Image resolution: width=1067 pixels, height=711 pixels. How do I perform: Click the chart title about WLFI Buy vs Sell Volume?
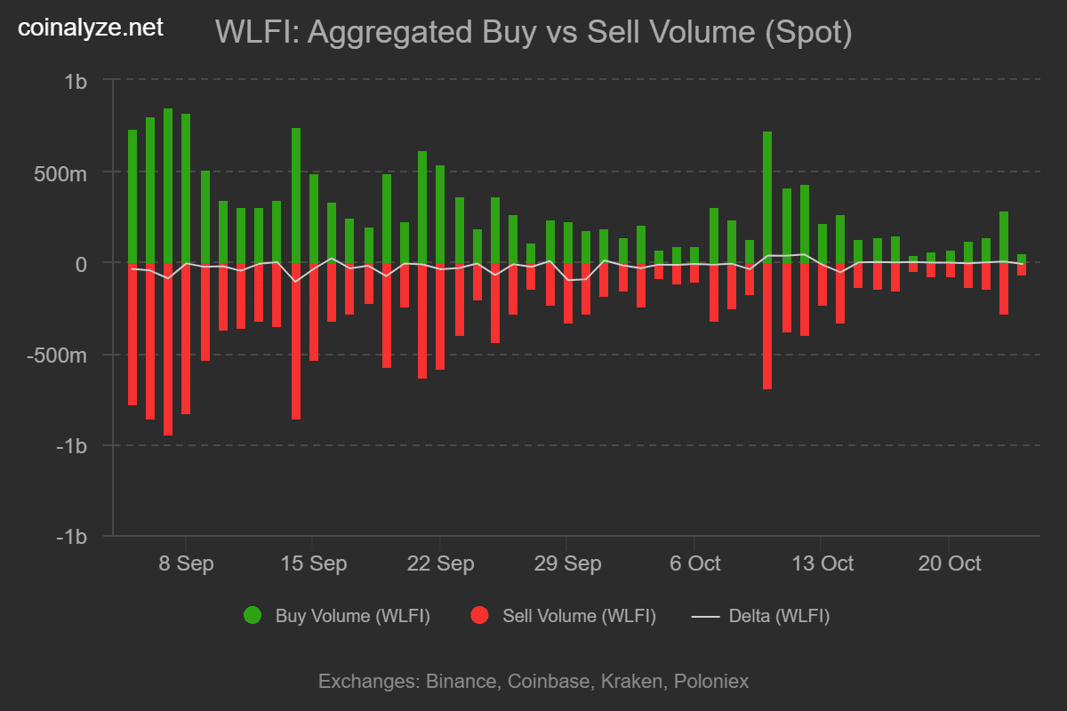coord(533,33)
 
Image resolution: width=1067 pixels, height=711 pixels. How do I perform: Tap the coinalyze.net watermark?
coord(91,28)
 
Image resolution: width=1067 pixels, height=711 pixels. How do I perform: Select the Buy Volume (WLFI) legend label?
coord(352,616)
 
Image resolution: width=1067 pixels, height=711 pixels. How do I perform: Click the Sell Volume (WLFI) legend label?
coord(579,616)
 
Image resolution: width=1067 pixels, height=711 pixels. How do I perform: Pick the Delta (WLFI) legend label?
coord(779,616)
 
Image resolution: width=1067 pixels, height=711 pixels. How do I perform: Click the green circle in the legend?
coord(253,615)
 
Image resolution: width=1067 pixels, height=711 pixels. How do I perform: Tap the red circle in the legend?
coord(480,615)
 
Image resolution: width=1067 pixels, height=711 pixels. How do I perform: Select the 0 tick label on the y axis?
coord(81,264)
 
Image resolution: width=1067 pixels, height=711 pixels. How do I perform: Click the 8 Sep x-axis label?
coord(186,563)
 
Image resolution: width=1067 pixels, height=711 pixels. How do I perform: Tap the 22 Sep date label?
coord(439,563)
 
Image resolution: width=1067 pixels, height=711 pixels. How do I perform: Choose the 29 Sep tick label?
coord(566,563)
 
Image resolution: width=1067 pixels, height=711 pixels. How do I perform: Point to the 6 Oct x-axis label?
coord(694,563)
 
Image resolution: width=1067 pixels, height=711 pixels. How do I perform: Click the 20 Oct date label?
coord(948,563)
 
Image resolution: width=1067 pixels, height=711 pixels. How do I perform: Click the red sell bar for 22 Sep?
coord(439,316)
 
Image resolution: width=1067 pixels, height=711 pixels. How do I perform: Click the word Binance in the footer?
coord(462,682)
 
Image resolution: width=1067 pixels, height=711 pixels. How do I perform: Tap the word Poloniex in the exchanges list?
coord(711,682)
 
